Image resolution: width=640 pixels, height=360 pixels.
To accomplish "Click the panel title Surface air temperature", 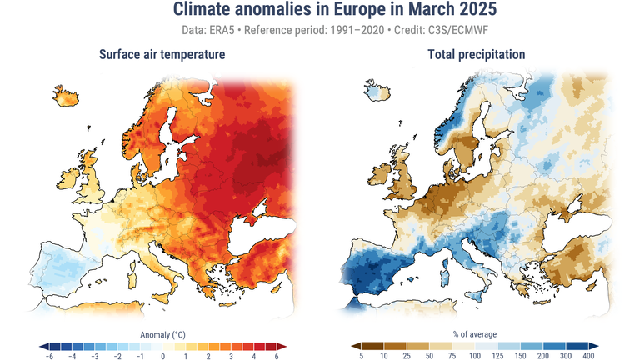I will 161,55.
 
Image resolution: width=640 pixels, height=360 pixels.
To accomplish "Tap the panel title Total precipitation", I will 477,55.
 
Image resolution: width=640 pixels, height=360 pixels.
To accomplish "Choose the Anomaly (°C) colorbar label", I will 162,334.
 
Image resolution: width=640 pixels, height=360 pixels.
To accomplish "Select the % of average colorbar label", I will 475,334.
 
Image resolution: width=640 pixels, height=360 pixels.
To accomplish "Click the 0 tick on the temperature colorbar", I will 162,356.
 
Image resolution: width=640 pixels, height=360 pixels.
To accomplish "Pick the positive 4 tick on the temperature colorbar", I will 254,356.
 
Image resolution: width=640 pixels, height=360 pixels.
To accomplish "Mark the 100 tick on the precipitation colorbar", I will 475,356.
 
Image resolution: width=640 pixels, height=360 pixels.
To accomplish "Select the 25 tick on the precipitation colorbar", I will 407,356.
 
